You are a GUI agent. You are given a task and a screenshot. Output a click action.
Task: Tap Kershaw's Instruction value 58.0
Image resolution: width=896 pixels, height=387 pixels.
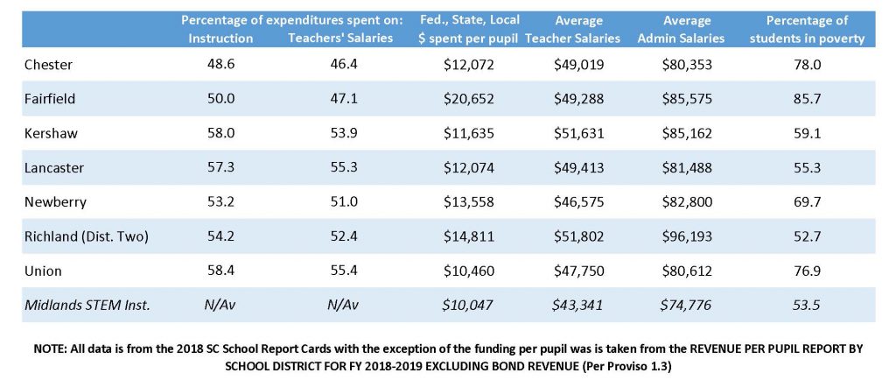[x=220, y=133]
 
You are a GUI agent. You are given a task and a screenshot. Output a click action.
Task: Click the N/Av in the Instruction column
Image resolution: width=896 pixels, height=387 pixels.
[x=220, y=305]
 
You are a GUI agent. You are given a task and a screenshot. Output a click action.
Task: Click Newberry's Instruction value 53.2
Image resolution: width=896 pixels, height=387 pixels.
[x=220, y=201]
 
